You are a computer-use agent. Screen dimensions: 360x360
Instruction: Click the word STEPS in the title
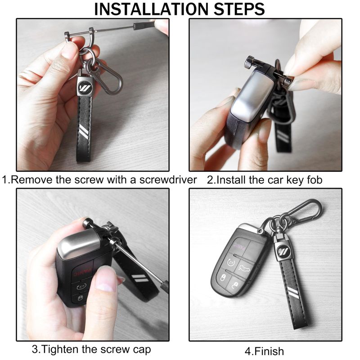239,9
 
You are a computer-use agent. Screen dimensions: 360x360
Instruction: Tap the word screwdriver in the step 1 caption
168,180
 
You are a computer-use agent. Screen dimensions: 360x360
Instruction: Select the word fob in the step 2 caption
315,180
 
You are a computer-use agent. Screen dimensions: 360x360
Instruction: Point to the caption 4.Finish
264,351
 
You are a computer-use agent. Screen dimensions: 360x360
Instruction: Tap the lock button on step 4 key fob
223,278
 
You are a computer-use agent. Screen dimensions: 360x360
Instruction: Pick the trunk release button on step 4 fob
245,268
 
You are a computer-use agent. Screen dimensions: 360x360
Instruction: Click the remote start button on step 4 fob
230,262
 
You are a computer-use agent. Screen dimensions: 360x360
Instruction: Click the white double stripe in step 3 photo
139,278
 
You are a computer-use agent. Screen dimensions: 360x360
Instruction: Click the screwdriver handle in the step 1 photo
145,25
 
